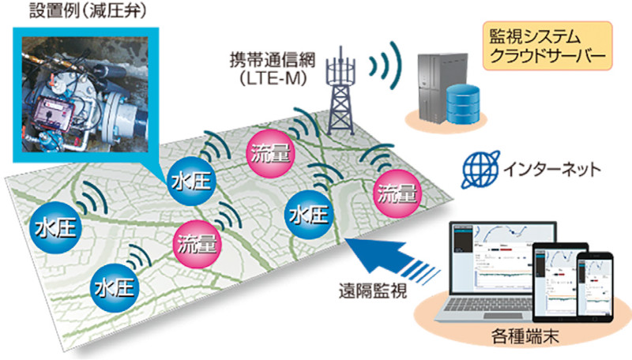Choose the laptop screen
492,252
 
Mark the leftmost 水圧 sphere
55,228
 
